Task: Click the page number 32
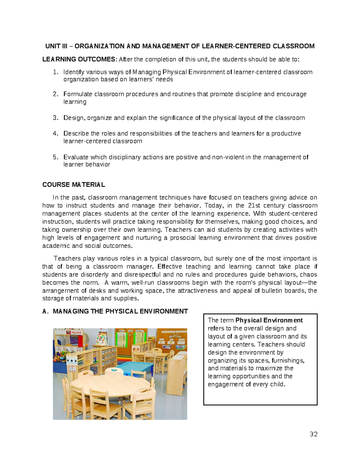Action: (x=313, y=434)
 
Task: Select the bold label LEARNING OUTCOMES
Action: (x=79, y=59)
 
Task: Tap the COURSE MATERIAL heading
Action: (x=74, y=185)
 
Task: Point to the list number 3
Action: (x=55, y=118)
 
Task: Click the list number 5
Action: (x=55, y=157)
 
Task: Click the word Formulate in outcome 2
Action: (x=78, y=94)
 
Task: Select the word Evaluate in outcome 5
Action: (x=76, y=157)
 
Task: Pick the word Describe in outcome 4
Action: (x=76, y=134)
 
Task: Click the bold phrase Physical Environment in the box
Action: (x=269, y=320)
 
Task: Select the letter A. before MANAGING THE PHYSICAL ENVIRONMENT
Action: (x=45, y=311)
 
